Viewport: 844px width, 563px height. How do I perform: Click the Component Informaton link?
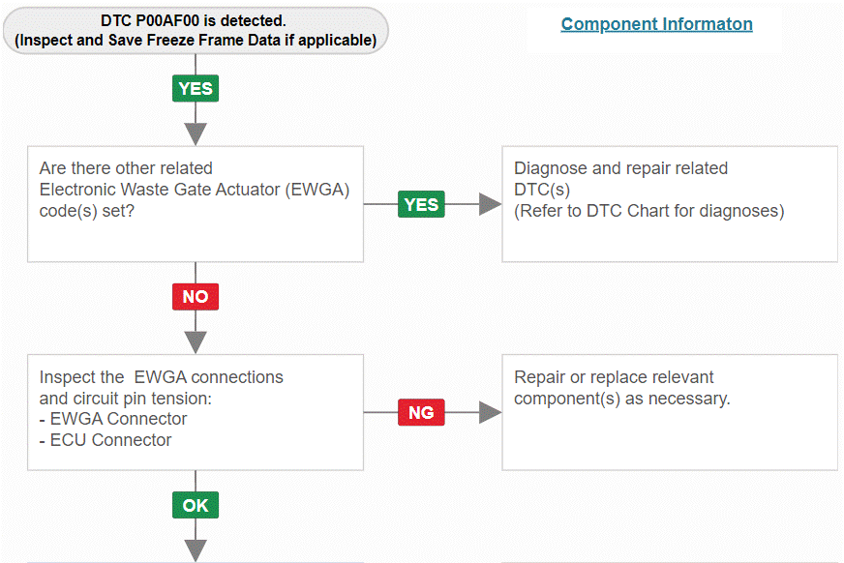(x=656, y=24)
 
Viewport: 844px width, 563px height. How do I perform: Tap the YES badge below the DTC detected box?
(x=196, y=88)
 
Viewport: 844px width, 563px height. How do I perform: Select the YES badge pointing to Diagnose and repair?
(x=421, y=204)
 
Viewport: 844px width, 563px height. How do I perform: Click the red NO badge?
(x=196, y=297)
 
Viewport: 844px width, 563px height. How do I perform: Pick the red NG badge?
(x=421, y=412)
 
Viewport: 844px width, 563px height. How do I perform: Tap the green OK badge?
(x=196, y=505)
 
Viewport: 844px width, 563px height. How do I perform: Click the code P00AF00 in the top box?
(x=167, y=21)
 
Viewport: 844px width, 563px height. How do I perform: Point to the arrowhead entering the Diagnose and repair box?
(x=491, y=204)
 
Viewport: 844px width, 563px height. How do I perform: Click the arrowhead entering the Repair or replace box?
(x=491, y=412)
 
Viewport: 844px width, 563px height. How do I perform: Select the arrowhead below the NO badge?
(x=196, y=342)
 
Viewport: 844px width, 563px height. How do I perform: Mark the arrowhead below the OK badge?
(x=196, y=550)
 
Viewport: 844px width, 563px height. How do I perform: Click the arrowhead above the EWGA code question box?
(x=196, y=133)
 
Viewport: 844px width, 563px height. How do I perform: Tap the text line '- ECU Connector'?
(x=105, y=440)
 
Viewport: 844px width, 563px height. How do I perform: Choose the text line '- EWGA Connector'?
(x=113, y=418)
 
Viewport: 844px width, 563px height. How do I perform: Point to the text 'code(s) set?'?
(x=87, y=211)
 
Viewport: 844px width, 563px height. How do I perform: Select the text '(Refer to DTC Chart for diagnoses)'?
(x=649, y=211)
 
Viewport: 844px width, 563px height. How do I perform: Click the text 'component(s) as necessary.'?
(x=621, y=399)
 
